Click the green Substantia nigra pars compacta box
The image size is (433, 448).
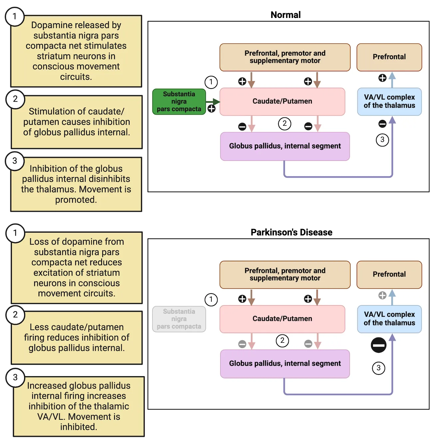click(179, 102)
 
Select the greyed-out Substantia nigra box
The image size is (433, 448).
click(179, 319)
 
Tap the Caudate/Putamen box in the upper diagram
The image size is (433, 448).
click(282, 102)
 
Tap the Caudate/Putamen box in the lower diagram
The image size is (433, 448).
click(282, 319)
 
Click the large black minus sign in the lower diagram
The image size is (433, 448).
click(378, 345)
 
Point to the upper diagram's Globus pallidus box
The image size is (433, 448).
click(285, 146)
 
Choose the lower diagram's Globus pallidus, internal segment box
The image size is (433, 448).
click(285, 363)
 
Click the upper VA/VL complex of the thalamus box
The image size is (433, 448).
click(389, 102)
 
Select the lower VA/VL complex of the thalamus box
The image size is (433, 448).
click(389, 319)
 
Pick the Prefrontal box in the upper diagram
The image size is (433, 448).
click(389, 57)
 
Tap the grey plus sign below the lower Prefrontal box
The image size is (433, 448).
click(382, 295)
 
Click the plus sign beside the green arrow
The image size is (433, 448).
click(212, 109)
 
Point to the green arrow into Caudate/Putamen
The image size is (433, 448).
click(213, 102)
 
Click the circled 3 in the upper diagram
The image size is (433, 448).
click(382, 140)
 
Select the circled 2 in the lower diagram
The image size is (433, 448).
click(282, 340)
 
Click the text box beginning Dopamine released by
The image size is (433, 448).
click(76, 51)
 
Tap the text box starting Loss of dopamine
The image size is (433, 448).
click(77, 268)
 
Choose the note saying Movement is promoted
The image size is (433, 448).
click(76, 184)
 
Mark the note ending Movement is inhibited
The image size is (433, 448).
click(79, 406)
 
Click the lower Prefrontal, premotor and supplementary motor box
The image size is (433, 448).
click(285, 275)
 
